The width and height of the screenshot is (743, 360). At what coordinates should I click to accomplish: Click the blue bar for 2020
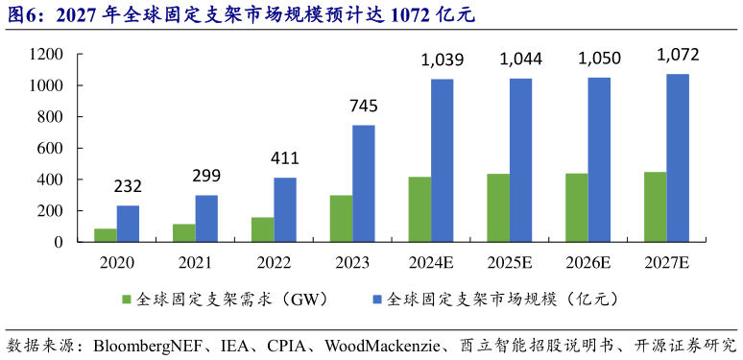[128, 224]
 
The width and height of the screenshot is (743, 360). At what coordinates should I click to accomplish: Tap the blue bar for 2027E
[678, 157]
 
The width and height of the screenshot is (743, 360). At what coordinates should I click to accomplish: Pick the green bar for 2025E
[498, 208]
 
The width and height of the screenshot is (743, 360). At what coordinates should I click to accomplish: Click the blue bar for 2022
[285, 210]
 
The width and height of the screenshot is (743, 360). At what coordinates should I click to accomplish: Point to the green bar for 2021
[183, 233]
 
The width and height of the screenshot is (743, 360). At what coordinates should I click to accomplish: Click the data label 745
[364, 106]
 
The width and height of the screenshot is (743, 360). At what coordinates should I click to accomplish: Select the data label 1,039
[443, 60]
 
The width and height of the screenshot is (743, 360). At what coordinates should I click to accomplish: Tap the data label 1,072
[678, 55]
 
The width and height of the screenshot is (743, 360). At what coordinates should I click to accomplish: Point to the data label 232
[128, 186]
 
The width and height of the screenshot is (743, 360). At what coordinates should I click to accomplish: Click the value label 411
[285, 158]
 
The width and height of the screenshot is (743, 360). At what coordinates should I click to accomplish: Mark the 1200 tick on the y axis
[45, 55]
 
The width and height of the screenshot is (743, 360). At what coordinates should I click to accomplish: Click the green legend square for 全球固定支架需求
[127, 300]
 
